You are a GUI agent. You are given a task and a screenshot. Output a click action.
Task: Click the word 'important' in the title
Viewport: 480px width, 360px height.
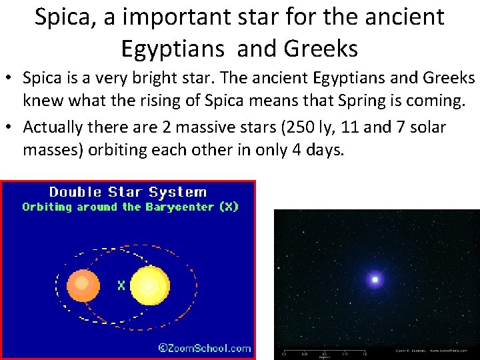163,17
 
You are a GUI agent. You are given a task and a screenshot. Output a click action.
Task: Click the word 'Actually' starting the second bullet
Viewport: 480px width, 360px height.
54,127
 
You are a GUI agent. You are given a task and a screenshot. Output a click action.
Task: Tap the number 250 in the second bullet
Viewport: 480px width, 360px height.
289,127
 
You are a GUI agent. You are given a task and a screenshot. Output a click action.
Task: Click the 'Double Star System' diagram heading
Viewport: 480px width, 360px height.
128,192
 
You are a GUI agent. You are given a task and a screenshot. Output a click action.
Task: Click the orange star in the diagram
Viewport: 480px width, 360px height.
83,285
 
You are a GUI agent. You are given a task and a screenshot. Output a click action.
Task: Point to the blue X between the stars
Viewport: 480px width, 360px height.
121,285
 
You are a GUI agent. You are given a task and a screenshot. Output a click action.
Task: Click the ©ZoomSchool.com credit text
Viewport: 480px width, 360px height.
204,347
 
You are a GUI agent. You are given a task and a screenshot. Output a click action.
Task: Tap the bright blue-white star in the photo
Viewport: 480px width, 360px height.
375,279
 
